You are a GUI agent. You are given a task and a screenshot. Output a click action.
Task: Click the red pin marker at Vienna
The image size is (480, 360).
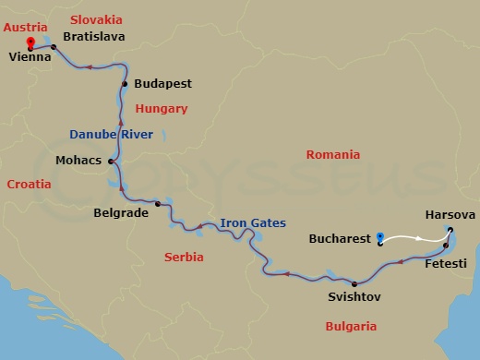click(30, 42)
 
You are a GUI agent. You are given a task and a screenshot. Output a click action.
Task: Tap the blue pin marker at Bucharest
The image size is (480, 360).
click(380, 239)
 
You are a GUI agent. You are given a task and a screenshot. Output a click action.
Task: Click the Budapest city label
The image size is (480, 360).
click(162, 83)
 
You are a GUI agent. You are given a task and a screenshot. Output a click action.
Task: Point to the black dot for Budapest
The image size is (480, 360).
click(124, 84)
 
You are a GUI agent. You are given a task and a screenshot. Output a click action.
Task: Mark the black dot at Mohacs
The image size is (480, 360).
click(111, 162)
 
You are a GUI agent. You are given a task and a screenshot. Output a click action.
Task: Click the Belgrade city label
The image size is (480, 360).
click(122, 211)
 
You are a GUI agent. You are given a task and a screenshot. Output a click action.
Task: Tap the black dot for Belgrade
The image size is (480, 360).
click(158, 204)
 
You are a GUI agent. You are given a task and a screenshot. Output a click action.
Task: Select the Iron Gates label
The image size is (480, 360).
click(252, 223)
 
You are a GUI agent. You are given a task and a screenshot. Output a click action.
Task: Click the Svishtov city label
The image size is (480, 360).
click(354, 297)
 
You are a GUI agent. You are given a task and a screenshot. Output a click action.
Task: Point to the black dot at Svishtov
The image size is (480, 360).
click(354, 283)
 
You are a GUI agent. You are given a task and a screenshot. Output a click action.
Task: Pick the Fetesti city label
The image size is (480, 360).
click(446, 263)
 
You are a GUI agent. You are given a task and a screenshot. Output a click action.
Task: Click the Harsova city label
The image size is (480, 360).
click(450, 214)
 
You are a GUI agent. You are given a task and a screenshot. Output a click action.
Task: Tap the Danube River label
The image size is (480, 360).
click(113, 135)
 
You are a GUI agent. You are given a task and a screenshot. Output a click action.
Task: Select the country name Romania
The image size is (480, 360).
click(333, 155)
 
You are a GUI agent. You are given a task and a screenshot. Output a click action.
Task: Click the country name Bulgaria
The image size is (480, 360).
click(351, 327)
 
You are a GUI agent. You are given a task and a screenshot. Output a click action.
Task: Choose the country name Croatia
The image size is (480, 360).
click(29, 185)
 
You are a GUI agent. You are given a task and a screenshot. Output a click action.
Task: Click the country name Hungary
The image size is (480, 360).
click(162, 109)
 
